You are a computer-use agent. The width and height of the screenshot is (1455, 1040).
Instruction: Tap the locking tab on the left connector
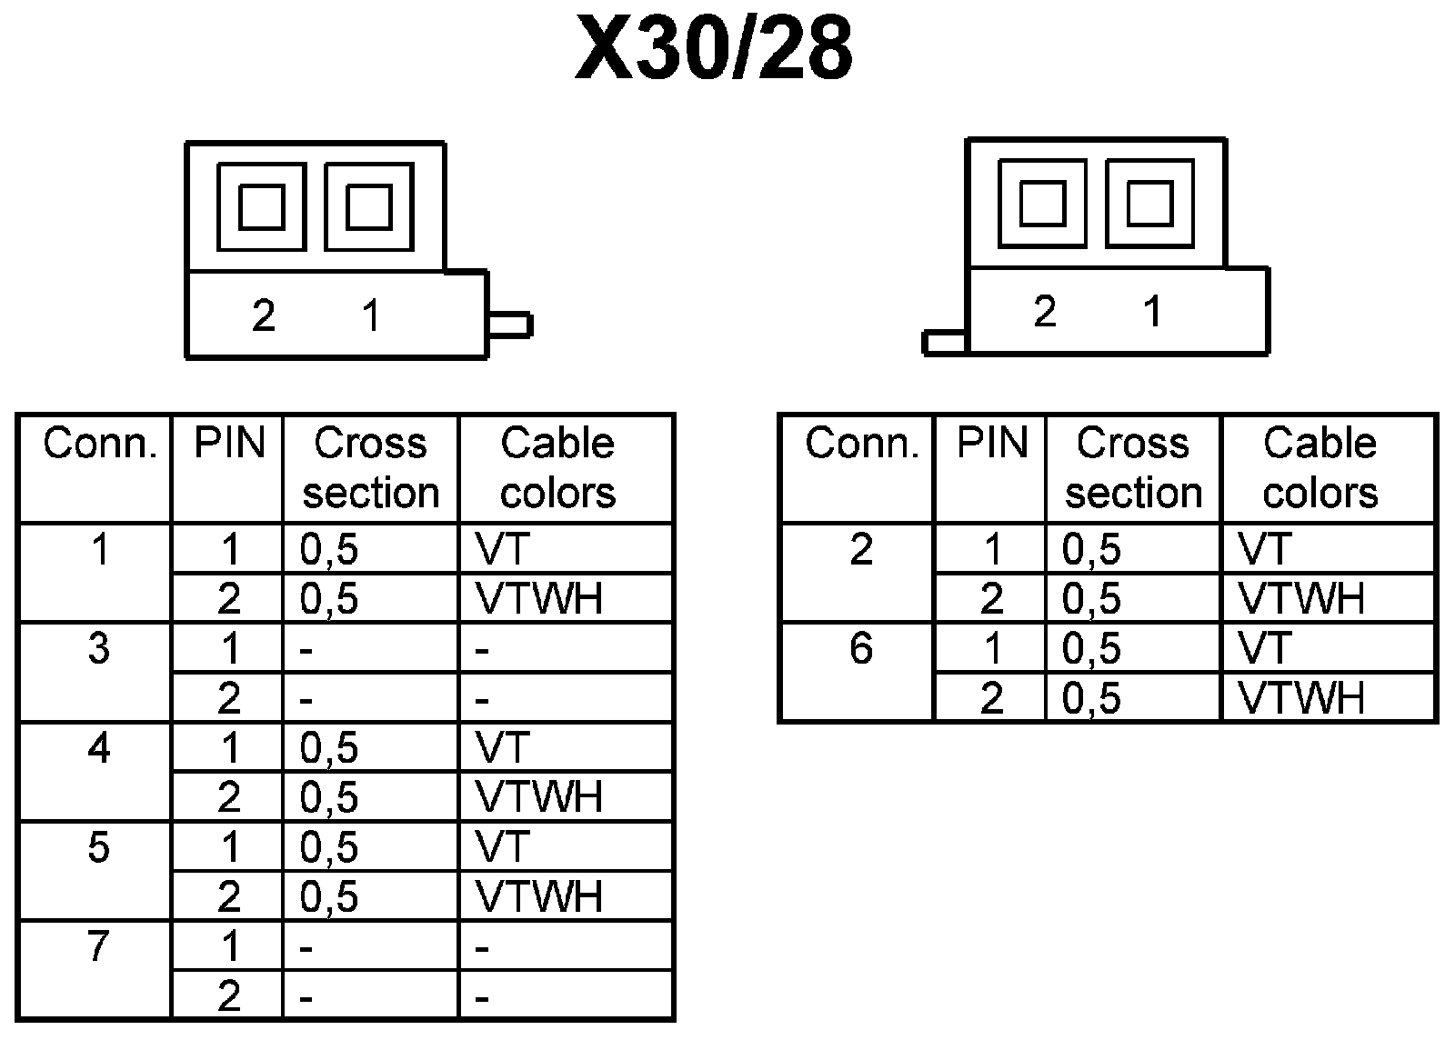pos(509,325)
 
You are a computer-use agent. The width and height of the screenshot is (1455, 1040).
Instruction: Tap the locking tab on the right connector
pos(945,343)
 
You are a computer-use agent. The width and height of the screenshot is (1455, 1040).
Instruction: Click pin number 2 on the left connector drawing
pos(263,316)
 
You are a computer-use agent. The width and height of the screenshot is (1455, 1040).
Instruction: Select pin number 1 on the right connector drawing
pos(1152,312)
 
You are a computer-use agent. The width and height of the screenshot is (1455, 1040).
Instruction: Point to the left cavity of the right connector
pos(1042,203)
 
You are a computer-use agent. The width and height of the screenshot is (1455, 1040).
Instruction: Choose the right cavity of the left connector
pos(369,206)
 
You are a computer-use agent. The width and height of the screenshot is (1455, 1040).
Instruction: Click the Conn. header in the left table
pos(100,445)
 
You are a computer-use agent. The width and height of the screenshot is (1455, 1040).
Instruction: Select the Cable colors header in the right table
pos(1320,467)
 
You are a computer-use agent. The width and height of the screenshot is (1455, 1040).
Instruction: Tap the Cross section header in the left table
pos(371,467)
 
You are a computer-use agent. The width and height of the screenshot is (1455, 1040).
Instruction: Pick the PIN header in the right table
pos(992,445)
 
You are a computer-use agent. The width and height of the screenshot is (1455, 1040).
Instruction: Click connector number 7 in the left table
pos(98,947)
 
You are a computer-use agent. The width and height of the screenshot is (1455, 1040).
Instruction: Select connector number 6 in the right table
pos(860,648)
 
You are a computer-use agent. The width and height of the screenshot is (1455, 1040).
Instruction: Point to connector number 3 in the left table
pos(98,648)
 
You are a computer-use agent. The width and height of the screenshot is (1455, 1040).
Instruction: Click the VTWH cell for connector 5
pos(538,897)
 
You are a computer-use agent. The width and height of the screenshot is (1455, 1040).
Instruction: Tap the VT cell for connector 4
pos(502,748)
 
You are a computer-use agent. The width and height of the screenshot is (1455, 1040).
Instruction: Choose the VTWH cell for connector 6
pos(1301,698)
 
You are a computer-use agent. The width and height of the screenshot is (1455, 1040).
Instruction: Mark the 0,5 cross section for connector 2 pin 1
pos(1092,549)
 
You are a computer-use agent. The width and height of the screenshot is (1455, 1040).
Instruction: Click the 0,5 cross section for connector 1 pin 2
pos(329,599)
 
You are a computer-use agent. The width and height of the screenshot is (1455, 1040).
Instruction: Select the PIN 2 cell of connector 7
pos(229,996)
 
